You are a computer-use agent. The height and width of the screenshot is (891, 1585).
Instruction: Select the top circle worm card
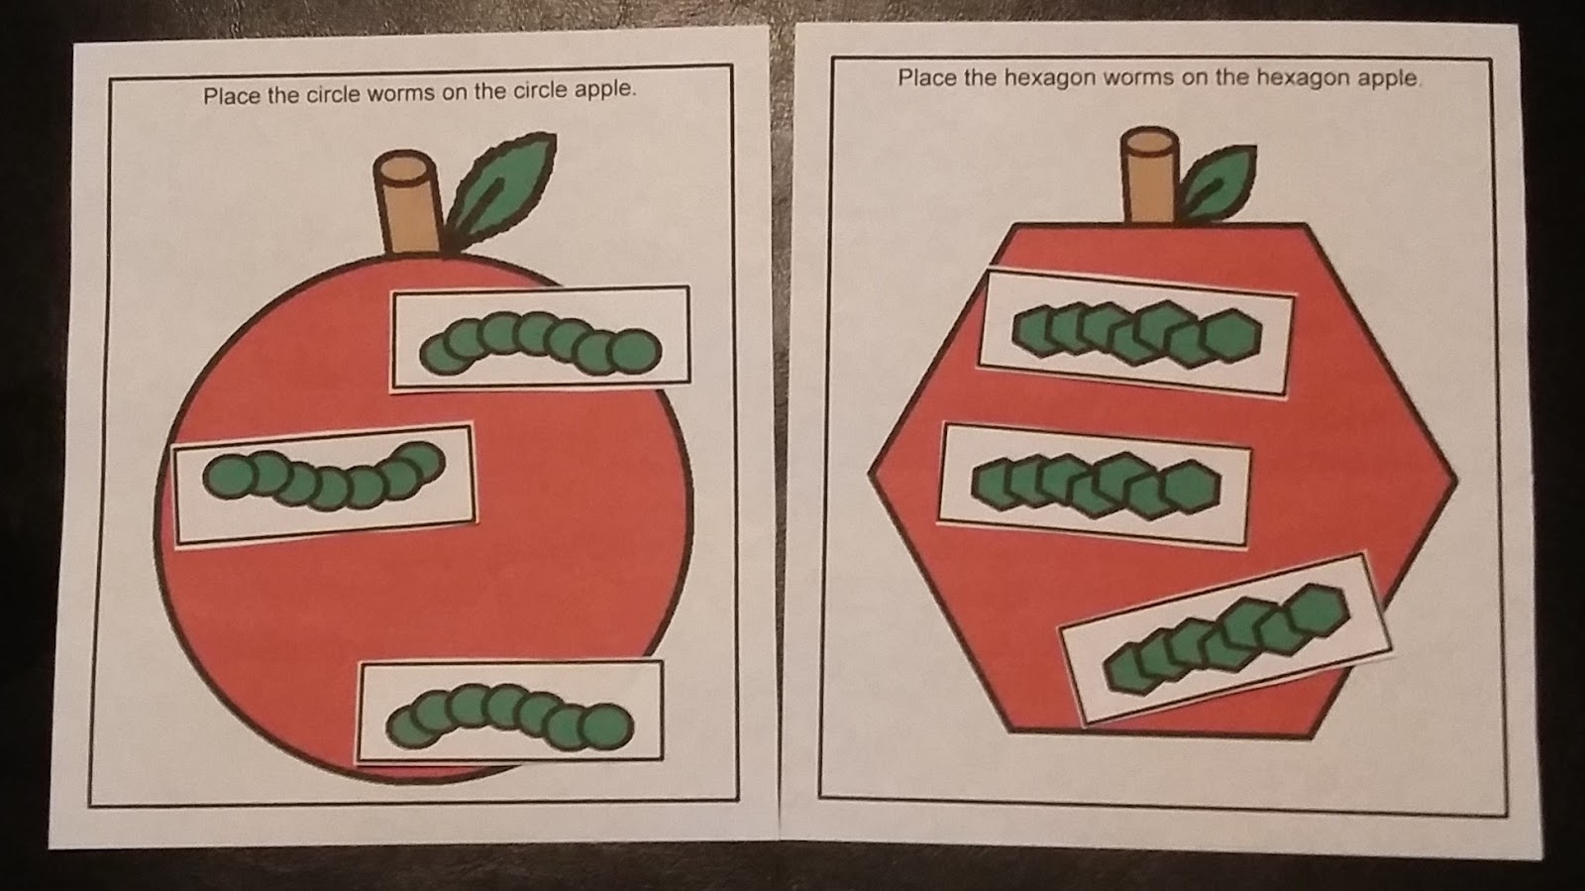[x=541, y=337]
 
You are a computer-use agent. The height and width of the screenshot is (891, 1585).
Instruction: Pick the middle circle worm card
[x=324, y=484]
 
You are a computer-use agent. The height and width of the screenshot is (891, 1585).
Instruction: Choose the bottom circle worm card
[x=510, y=712]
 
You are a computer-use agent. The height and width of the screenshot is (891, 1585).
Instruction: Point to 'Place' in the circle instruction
[x=227, y=96]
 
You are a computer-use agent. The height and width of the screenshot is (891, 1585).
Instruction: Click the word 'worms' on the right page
[x=1118, y=78]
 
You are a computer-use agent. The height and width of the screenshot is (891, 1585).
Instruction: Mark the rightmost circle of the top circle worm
[x=634, y=352]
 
